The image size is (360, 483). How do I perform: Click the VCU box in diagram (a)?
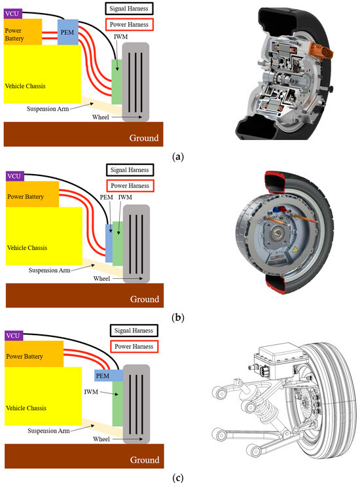[12, 13]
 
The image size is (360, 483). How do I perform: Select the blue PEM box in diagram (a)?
[67, 32]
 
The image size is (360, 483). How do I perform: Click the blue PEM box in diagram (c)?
[103, 376]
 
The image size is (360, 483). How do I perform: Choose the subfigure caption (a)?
[177, 157]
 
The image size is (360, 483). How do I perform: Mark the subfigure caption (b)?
[177, 318]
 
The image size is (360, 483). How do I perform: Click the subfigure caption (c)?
[177, 476]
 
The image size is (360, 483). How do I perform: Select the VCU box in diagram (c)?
[12, 335]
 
